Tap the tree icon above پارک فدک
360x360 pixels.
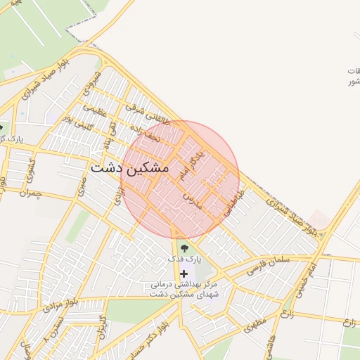tap(184, 247)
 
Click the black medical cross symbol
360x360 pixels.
tap(184, 273)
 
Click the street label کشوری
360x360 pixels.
tap(30, 167)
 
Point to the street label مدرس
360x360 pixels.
tap(192, 200)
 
